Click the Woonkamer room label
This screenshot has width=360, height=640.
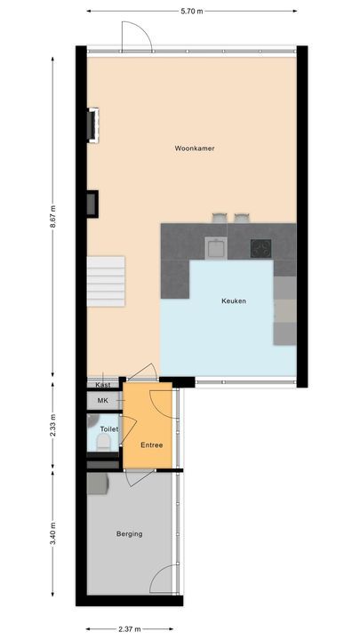[195, 148]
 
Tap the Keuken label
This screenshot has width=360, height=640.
[233, 301]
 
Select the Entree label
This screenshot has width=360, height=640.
[152, 444]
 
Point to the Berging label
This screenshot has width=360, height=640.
[129, 533]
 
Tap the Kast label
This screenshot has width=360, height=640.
[102, 385]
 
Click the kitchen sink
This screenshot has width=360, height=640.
[215, 247]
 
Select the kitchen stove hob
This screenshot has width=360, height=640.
[260, 247]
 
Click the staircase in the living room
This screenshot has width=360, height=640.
[106, 280]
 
